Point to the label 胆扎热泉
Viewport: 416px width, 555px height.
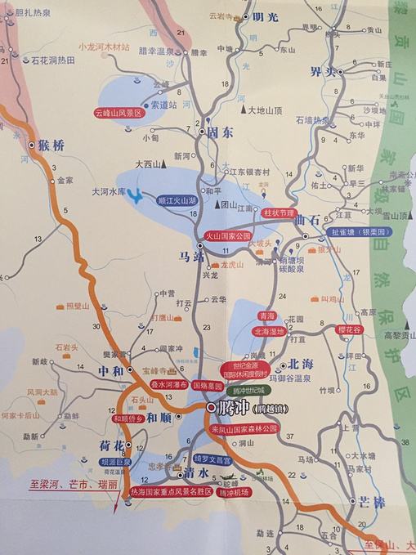point(35,11)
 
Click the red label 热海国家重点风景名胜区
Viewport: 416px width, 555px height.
point(175,492)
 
